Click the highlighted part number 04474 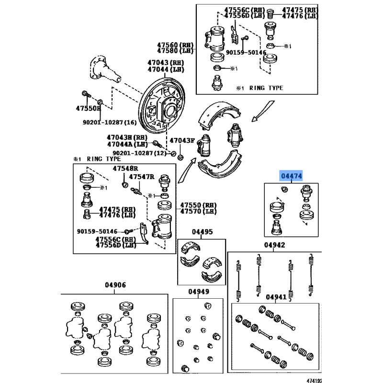click(x=291, y=176)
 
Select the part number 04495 click(x=202, y=232)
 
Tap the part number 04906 click(x=115, y=285)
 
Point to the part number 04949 click(x=198, y=292)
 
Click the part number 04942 click(x=274, y=245)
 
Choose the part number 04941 click(x=276, y=297)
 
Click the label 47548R click(x=125, y=169)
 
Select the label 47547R click(x=141, y=177)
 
